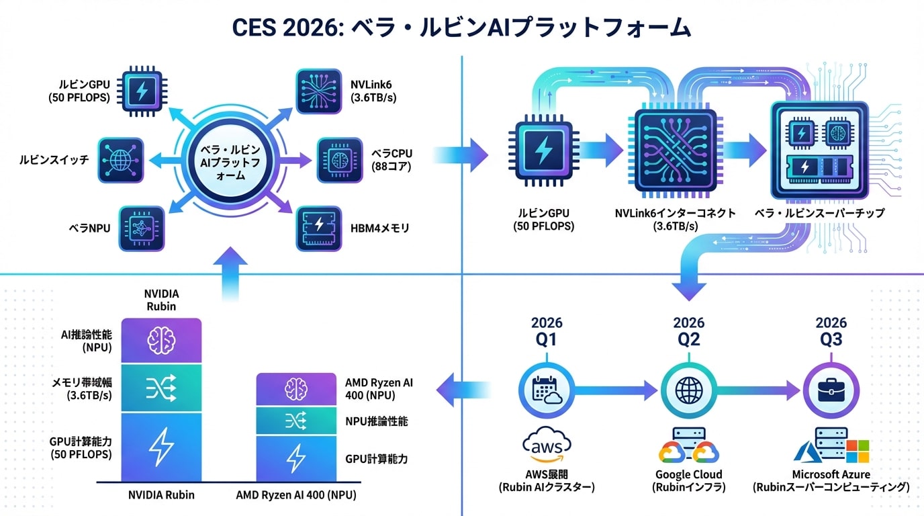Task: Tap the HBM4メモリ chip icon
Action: (319, 228)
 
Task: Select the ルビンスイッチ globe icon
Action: (122, 161)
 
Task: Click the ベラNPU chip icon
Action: (142, 228)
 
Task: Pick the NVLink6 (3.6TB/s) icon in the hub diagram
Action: (319, 91)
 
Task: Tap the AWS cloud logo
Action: (547, 446)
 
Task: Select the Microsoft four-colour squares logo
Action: (858, 451)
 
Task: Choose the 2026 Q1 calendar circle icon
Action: (547, 389)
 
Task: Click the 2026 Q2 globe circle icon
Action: (688, 389)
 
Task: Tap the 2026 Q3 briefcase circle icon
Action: (831, 389)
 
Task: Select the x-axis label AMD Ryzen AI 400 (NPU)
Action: (296, 496)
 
